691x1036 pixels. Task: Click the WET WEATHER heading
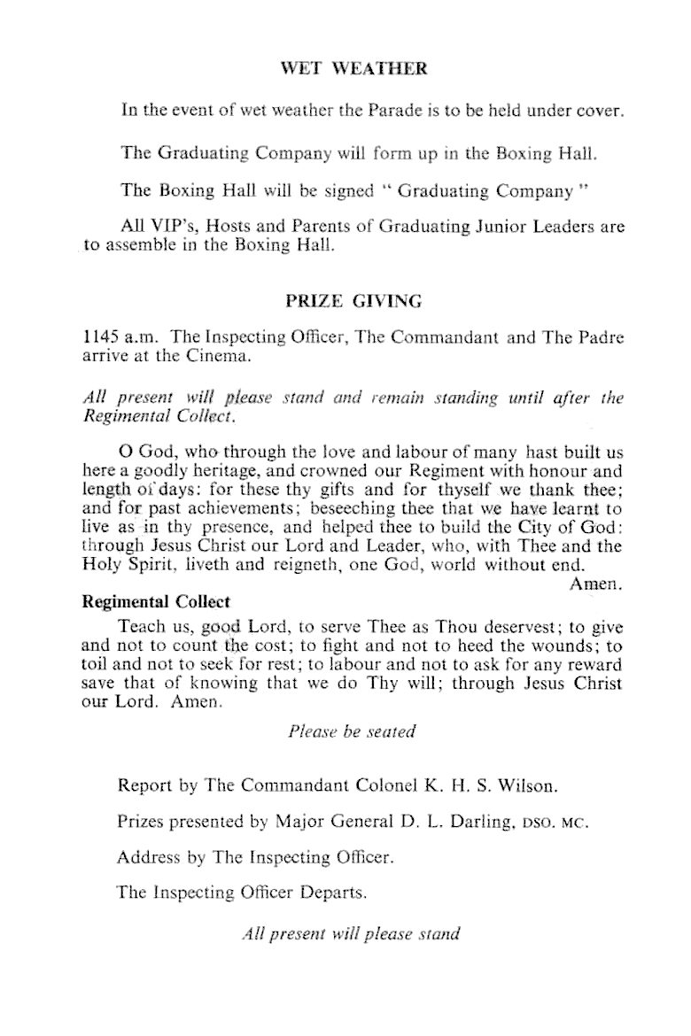point(353,69)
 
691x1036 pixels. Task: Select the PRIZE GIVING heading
point(353,301)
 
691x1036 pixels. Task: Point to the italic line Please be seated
point(352,732)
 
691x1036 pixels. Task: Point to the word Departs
point(335,893)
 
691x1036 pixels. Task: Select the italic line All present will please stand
point(352,934)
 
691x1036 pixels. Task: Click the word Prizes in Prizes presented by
point(142,822)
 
